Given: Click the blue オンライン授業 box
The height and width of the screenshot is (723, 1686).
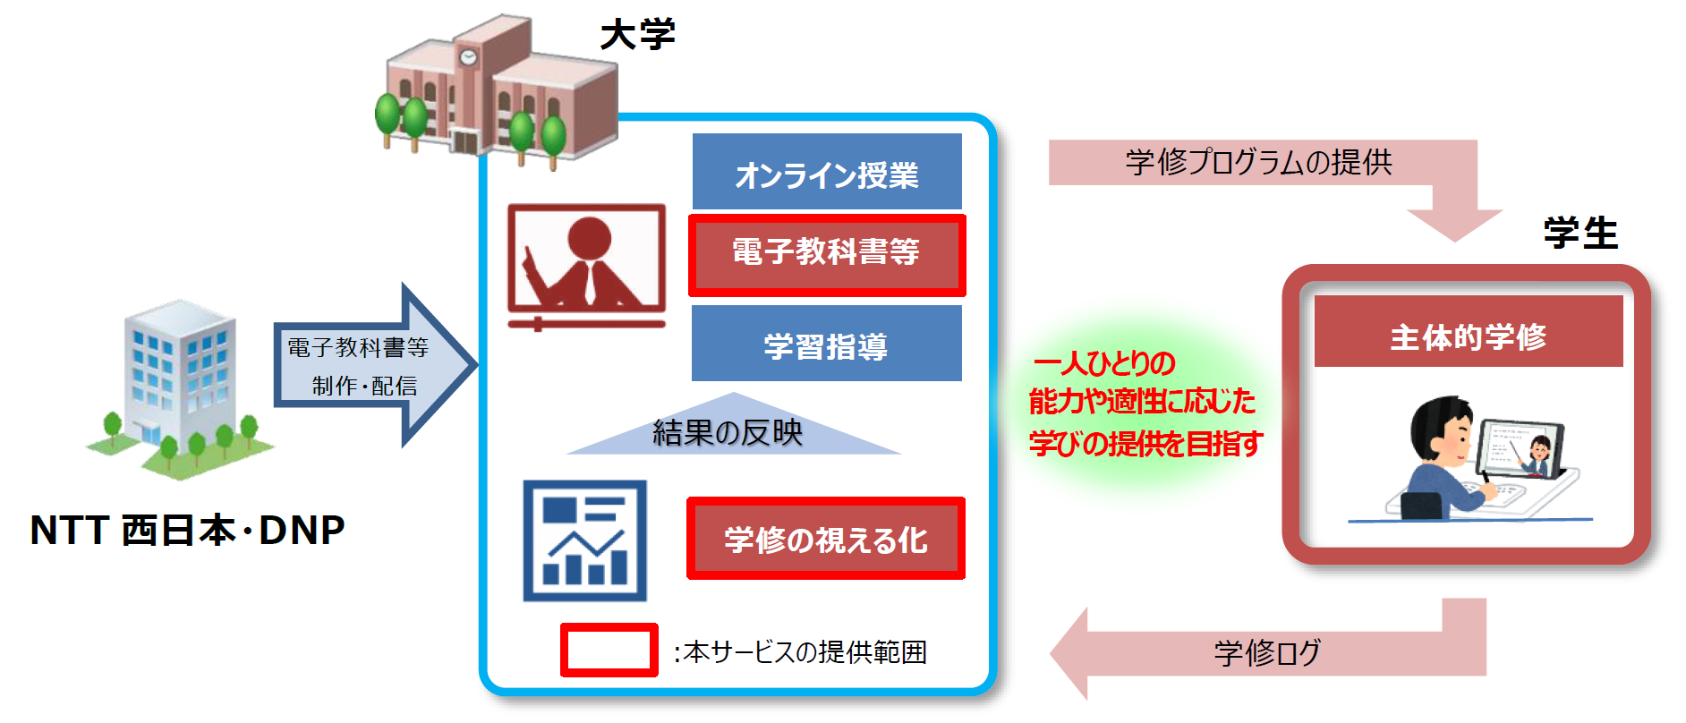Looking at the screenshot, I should (x=826, y=172).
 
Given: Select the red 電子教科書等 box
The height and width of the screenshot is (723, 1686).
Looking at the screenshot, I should (x=826, y=255).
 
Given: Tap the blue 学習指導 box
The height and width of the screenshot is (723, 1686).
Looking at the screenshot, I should (x=826, y=344).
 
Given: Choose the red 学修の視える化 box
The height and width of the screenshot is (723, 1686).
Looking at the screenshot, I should (x=826, y=539).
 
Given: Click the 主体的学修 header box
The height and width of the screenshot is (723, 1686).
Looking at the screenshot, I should (x=1468, y=333).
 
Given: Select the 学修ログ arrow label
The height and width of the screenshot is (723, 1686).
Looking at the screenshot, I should (x=1266, y=652).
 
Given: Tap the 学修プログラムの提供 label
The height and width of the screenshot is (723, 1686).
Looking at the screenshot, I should (x=1257, y=162).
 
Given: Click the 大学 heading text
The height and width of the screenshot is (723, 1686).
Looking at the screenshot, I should (x=637, y=36).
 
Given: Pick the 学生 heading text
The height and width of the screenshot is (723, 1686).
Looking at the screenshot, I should (x=1580, y=234).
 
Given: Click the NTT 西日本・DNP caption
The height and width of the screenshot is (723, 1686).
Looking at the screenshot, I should (x=187, y=530).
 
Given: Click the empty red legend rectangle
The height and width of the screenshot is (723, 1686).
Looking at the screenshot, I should (x=609, y=651).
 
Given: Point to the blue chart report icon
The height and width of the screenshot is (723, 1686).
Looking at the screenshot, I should (x=584, y=540).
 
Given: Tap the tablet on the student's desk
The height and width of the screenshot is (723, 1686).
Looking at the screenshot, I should (x=1520, y=448).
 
